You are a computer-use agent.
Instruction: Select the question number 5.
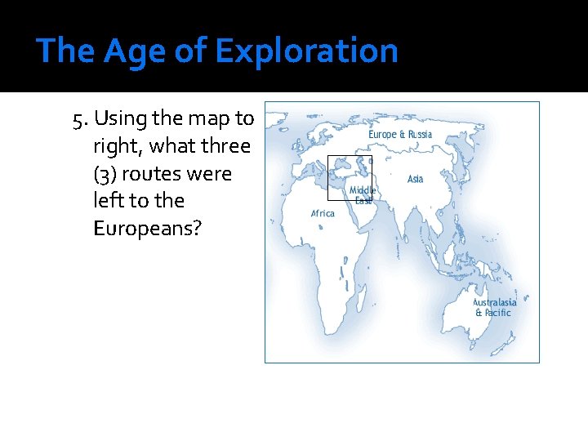79,119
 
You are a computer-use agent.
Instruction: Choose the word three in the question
224,147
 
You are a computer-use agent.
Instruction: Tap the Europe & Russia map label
400,134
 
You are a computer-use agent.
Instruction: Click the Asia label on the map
415,179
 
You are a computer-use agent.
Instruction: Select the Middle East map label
363,195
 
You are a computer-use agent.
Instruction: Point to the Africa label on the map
323,213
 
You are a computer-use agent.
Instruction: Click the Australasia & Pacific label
494,307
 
